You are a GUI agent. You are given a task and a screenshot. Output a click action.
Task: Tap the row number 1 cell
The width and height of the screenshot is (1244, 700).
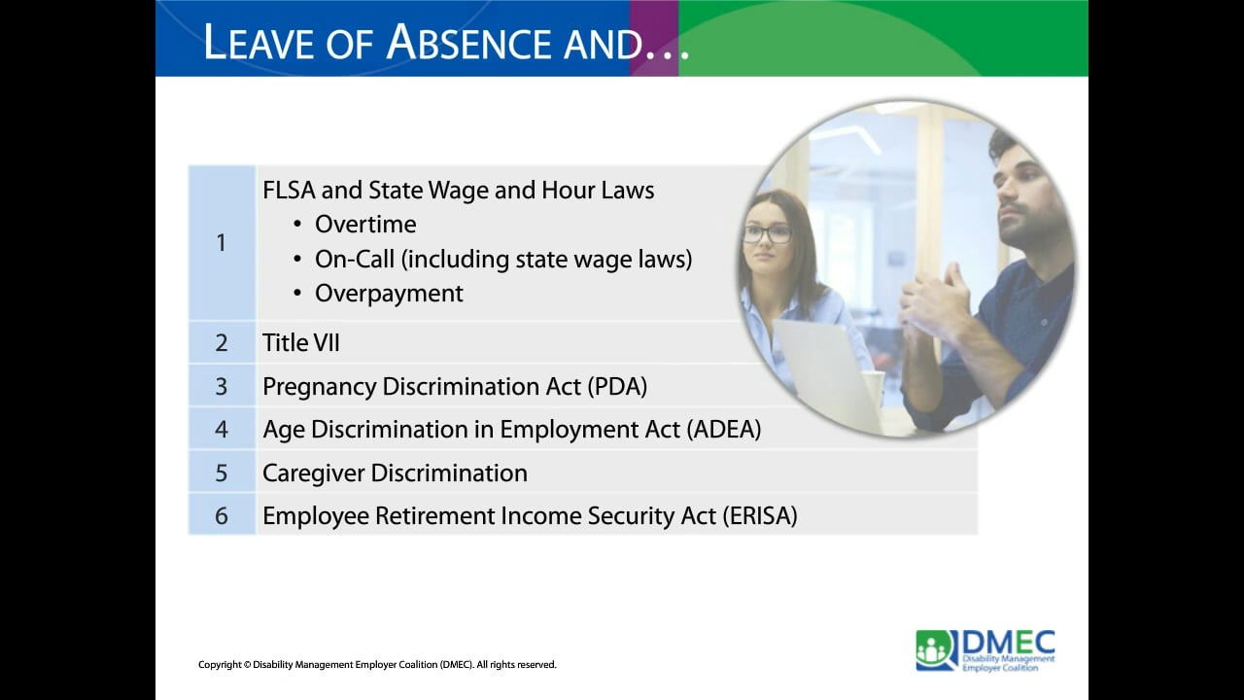pos(221,242)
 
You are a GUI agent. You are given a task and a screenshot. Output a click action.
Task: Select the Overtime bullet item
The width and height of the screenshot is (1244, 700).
pos(365,225)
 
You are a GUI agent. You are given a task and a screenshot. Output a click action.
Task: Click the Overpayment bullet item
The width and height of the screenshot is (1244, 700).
pos(389,294)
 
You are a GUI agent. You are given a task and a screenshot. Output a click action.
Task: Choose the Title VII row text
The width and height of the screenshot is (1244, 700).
pos(301,343)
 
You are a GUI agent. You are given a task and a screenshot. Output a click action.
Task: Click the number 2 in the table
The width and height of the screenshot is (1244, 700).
pos(222,343)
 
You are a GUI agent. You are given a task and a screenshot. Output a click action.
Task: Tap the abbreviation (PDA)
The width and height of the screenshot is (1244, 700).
pos(617,387)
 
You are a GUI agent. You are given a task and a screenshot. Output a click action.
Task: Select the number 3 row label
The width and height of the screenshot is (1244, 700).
pos(222,387)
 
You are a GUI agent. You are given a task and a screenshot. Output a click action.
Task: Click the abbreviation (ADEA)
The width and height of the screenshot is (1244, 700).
pos(723,430)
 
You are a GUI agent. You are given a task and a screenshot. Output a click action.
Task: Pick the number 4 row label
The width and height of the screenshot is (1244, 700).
pos(222,430)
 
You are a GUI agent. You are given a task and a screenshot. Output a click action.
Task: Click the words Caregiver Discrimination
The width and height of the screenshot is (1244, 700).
pos(395,473)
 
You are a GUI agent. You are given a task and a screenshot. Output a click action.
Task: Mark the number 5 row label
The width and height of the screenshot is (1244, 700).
pos(222,473)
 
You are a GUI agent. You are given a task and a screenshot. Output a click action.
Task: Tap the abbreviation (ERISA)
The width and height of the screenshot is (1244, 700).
pos(759,516)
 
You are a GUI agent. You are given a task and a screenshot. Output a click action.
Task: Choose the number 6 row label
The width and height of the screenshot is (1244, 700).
pos(222,516)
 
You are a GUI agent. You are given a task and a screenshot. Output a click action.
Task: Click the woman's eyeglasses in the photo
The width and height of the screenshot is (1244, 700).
pos(768,233)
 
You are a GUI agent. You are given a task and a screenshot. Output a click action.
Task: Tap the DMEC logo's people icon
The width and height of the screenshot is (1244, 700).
pos(936,649)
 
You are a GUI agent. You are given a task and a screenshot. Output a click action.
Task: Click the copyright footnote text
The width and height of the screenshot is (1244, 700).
pos(377,665)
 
